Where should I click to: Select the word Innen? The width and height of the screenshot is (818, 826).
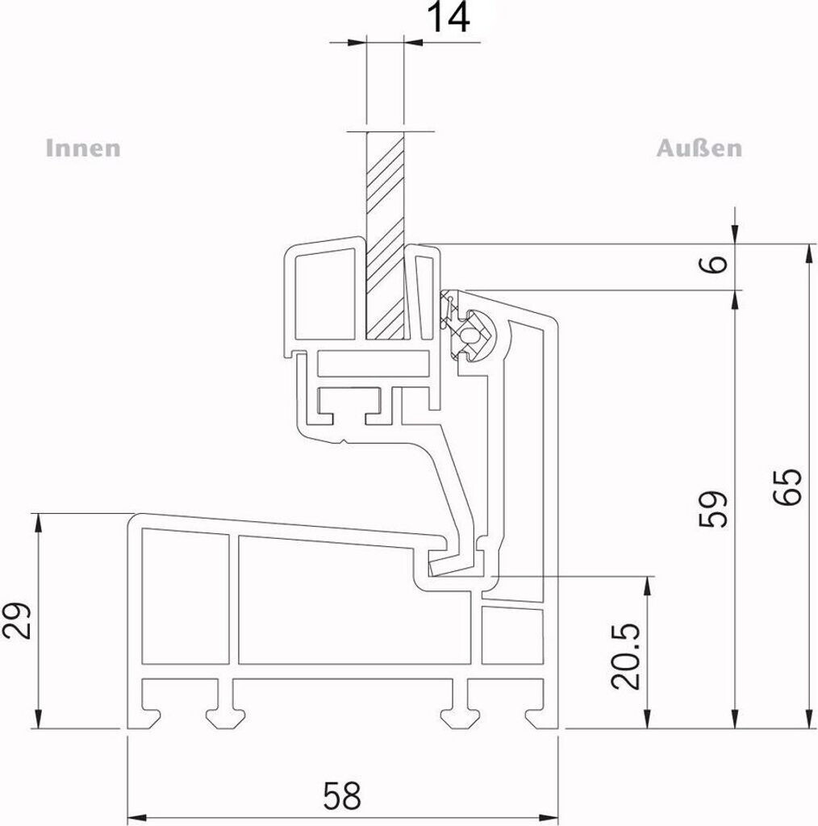[x=83, y=148]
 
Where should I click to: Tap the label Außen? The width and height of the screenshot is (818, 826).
[x=699, y=148]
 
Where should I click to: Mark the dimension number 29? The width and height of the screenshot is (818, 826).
[x=16, y=621]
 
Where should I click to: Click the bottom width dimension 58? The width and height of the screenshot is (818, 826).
[x=342, y=795]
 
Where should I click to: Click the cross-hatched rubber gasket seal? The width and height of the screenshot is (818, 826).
[x=466, y=326]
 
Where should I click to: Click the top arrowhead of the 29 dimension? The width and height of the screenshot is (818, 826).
[x=37, y=523]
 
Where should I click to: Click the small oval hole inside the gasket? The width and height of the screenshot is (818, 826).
[x=468, y=333]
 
